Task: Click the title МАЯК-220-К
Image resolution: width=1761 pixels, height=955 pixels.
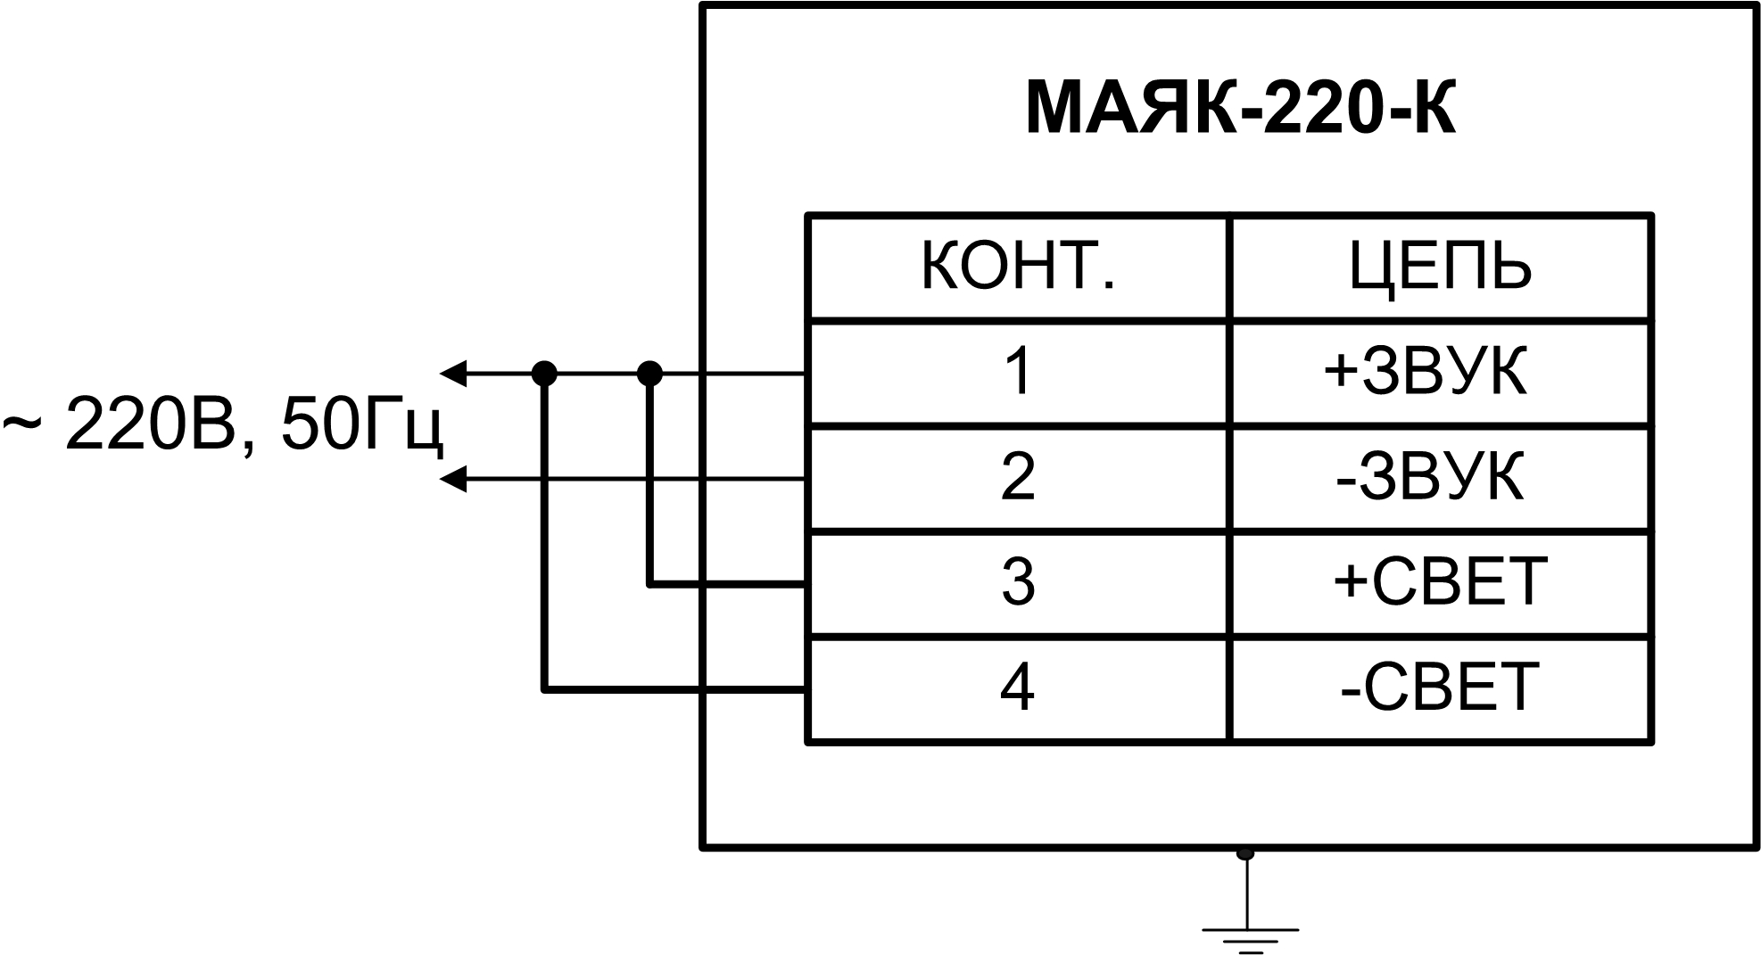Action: point(1240,110)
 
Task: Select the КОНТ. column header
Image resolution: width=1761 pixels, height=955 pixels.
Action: point(1018,267)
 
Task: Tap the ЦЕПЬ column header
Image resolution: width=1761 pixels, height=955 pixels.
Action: point(1440,267)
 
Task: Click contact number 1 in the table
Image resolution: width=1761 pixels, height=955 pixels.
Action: point(1018,372)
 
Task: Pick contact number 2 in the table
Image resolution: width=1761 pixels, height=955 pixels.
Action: point(1018,477)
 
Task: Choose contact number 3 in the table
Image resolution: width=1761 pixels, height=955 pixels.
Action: point(1018,583)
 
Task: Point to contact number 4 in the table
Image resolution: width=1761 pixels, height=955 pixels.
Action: point(1018,687)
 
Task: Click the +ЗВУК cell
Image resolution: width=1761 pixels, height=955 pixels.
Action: point(1426,372)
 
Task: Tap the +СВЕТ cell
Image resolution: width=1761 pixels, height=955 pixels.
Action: point(1440,583)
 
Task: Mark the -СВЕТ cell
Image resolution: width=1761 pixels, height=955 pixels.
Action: point(1440,687)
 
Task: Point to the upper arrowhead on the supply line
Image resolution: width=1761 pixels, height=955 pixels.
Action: point(453,373)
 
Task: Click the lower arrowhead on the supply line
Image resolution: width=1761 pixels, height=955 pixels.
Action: point(453,480)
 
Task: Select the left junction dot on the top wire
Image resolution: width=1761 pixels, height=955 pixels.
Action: point(544,373)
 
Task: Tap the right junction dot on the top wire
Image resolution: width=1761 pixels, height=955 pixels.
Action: point(650,373)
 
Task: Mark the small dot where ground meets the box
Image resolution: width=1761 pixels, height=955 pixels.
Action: point(1245,853)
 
